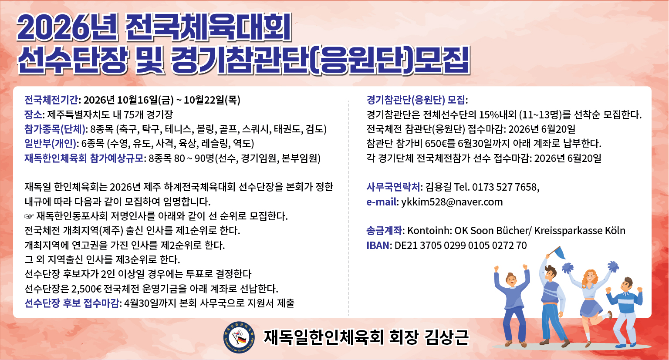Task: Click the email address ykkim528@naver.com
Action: (452, 202)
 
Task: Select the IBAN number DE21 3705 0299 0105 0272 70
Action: (460, 246)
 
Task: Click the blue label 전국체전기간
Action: (51, 100)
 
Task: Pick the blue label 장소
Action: (33, 114)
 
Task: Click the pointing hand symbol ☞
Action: (29, 216)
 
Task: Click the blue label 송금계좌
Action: (385, 231)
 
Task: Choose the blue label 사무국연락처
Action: (393, 187)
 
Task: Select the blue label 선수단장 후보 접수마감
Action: (72, 303)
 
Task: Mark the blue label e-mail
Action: (382, 202)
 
